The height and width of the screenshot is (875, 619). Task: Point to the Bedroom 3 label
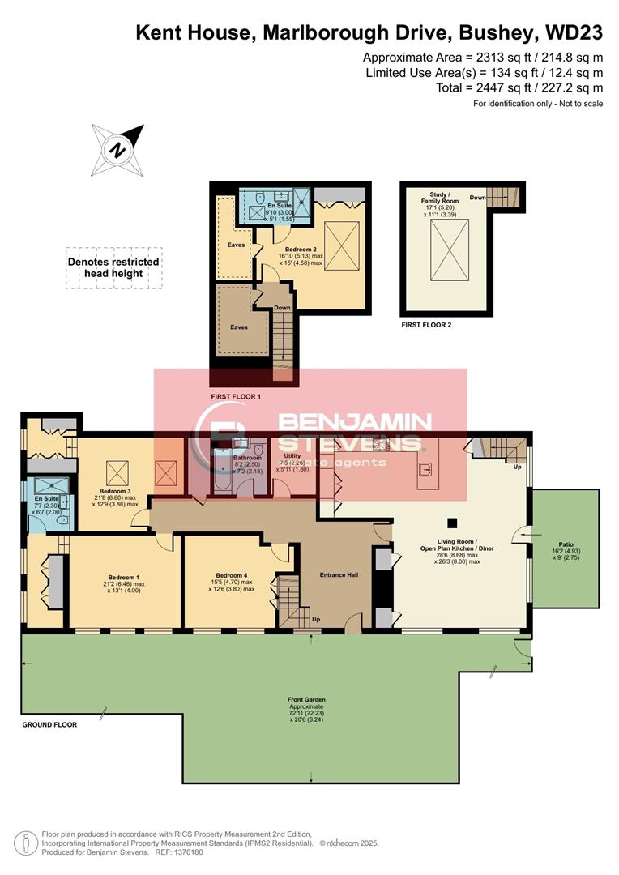point(115,491)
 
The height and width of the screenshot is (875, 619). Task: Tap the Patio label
point(566,544)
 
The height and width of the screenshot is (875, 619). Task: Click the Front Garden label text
point(305,698)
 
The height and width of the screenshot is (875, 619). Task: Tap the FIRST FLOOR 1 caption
point(236,396)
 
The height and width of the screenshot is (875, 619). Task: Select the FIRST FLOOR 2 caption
point(426,324)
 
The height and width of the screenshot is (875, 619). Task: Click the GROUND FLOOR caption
point(49,724)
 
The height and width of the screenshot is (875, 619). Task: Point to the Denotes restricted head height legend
point(113,268)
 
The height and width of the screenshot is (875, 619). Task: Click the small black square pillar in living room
point(453,522)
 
